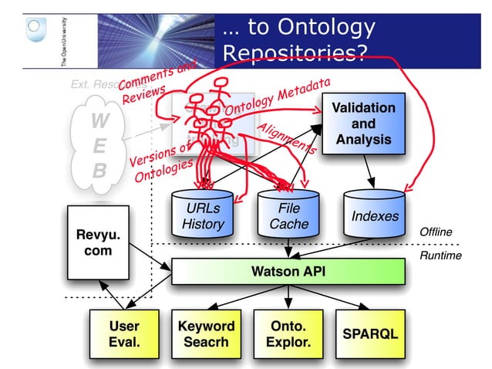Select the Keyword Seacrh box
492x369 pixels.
pos(204,333)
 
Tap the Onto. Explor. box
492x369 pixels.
pos(289,333)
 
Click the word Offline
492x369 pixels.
pos(436,232)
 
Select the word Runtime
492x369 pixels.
pos(440,256)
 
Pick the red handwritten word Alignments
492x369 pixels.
pos(285,139)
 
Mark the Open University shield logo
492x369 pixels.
pos(32,29)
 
